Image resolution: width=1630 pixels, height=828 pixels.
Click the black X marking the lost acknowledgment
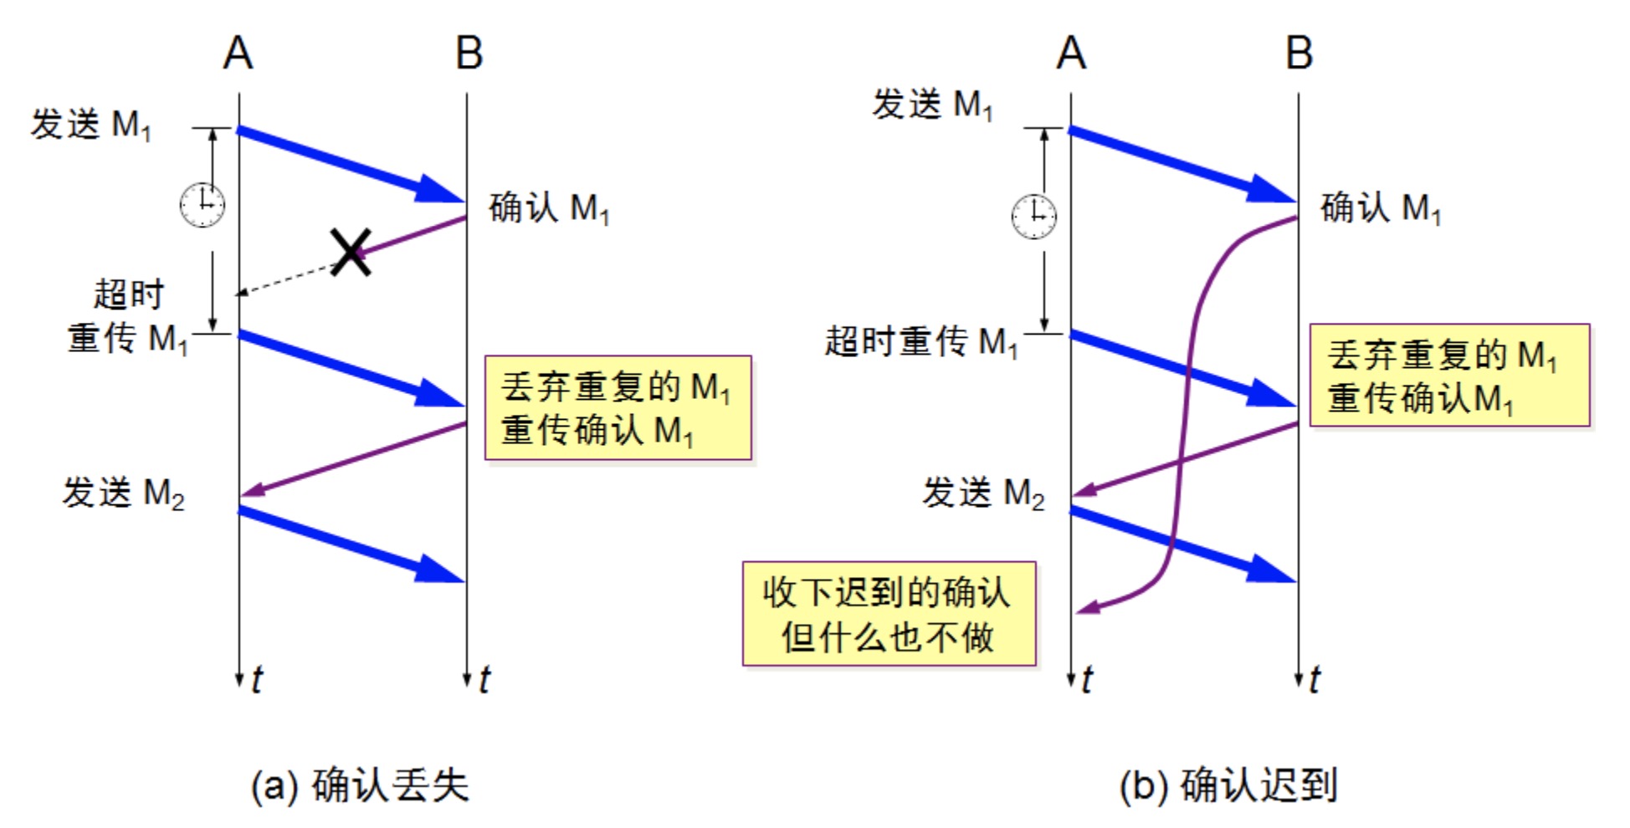(351, 252)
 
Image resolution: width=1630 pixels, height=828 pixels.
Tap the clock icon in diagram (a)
(202, 204)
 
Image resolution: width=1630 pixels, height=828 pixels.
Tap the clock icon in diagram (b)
(1033, 216)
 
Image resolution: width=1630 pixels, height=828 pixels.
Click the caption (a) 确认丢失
(360, 785)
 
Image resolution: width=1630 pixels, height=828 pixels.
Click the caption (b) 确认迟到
(1228, 785)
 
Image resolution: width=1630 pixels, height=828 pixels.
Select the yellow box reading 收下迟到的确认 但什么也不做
(889, 614)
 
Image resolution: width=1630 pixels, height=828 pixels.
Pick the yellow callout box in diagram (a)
(618, 408)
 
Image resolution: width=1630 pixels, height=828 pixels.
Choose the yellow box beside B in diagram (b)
(1448, 376)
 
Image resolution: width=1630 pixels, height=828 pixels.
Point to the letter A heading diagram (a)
(238, 54)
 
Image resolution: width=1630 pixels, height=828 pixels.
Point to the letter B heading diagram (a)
(469, 54)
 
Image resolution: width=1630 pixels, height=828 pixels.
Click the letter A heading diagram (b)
(1071, 54)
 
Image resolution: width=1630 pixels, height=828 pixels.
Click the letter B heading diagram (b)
(1299, 54)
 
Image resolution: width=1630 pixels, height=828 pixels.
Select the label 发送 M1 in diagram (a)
(91, 125)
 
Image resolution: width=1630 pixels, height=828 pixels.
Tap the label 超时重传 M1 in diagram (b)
(921, 341)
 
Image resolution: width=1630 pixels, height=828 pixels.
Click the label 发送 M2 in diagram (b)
(983, 493)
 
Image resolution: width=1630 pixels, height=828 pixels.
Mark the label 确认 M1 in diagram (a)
(549, 208)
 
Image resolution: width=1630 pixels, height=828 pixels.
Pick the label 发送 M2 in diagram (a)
(123, 493)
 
